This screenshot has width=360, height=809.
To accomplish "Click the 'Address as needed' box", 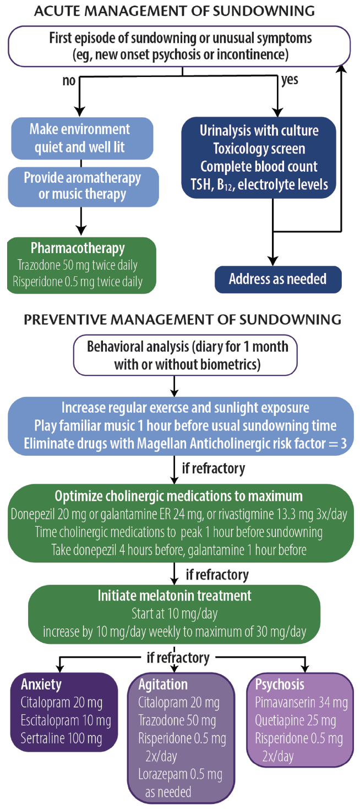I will [278, 279].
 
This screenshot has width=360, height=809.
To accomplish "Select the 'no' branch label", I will [68, 80].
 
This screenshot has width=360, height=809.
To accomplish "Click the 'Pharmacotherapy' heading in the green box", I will [78, 248].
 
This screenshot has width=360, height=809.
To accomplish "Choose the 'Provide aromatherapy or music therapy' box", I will [82, 186].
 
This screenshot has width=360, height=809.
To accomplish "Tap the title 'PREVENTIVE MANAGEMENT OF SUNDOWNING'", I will [182, 320].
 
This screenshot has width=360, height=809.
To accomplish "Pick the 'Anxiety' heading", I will [41, 685].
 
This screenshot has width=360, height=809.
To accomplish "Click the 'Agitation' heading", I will [163, 685].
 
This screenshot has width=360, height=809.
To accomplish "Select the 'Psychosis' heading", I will [280, 685].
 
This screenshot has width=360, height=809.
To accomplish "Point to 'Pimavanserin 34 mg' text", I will [301, 702].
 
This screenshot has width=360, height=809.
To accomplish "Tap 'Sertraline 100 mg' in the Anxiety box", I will [61, 737].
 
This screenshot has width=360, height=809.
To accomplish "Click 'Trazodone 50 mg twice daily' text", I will [78, 265].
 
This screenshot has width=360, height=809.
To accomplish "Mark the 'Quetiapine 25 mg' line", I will [296, 720].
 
